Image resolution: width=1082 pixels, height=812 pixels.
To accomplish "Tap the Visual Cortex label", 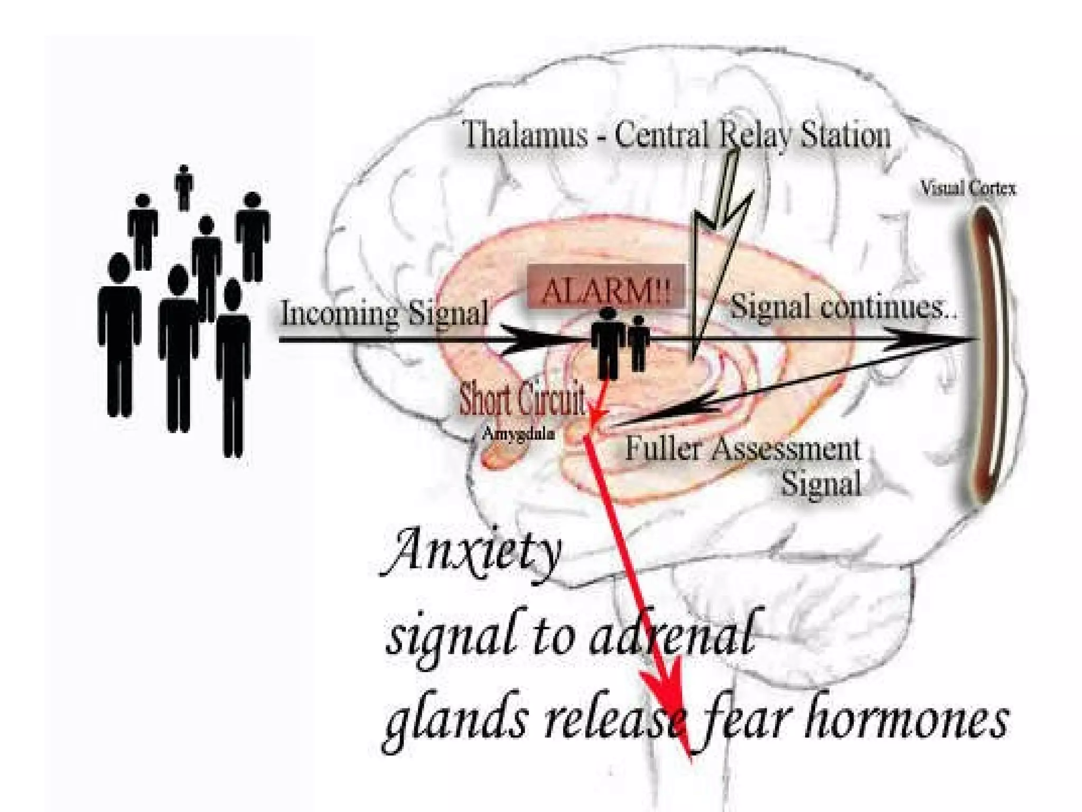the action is pos(968,188).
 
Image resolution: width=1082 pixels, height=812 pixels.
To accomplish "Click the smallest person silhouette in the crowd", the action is pos(183,187).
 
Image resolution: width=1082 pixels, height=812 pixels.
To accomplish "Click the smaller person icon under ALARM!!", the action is pos(639,343).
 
